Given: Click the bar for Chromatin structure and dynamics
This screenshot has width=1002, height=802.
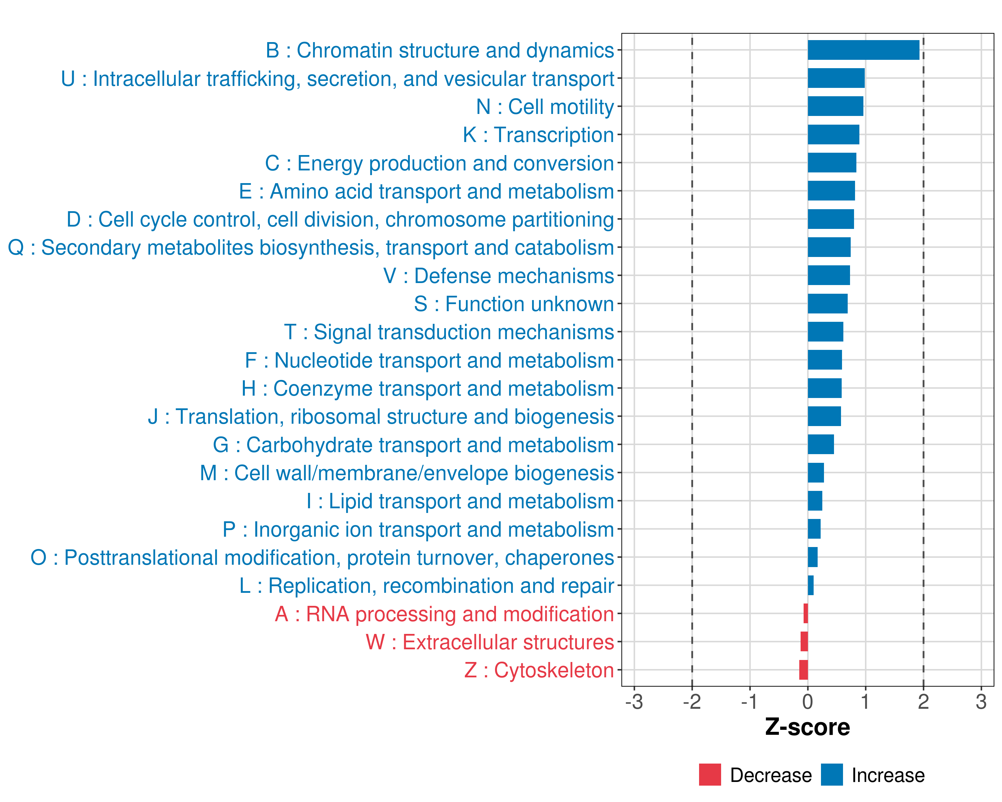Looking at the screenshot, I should (863, 50).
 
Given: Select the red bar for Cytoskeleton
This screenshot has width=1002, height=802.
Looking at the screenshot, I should (804, 670).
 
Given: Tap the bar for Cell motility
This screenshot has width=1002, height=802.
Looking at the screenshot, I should (835, 107).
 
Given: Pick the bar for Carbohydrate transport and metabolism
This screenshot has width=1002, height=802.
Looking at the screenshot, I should (821, 444).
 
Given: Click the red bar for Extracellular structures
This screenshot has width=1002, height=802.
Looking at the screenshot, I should (804, 642).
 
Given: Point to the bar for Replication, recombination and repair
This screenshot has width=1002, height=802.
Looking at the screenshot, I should (811, 585).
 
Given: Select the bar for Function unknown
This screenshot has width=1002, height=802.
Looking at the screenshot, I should (827, 304).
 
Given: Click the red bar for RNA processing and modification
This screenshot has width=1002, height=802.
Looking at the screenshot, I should (805, 614).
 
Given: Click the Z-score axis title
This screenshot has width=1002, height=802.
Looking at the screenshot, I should (807, 727).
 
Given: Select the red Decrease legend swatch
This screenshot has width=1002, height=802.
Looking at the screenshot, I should (710, 775).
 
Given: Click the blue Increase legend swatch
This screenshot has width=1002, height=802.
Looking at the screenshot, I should (831, 775).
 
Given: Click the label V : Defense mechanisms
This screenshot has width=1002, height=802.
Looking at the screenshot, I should (498, 276).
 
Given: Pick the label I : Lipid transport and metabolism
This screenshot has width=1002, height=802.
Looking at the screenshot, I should (460, 501).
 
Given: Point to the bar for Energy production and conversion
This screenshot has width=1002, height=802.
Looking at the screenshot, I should (832, 163).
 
